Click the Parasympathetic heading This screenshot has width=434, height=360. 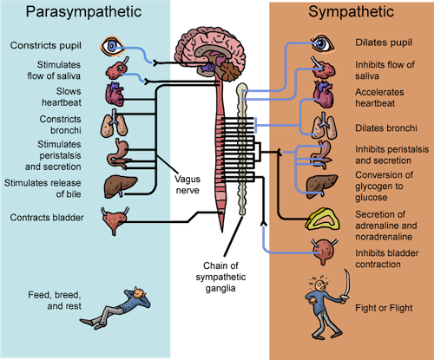point(83,12)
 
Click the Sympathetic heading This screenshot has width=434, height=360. point(351,12)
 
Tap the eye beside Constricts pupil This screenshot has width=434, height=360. point(112,46)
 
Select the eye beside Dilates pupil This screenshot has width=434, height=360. point(322,44)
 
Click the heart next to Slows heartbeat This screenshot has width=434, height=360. point(115,95)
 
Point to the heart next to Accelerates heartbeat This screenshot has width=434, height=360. point(323,95)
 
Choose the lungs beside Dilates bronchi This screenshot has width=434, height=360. point(324,127)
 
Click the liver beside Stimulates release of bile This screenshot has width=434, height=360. point(120,187)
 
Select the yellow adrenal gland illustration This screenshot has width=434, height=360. point(323,219)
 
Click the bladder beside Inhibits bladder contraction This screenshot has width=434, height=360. point(324,251)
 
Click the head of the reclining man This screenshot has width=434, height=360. point(139,292)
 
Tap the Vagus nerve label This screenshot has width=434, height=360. point(187,185)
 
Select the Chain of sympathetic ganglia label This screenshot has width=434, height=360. point(220,277)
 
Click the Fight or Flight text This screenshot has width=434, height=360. point(384,308)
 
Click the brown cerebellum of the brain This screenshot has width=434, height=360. point(231,72)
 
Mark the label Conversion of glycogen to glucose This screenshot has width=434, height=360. point(385,187)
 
